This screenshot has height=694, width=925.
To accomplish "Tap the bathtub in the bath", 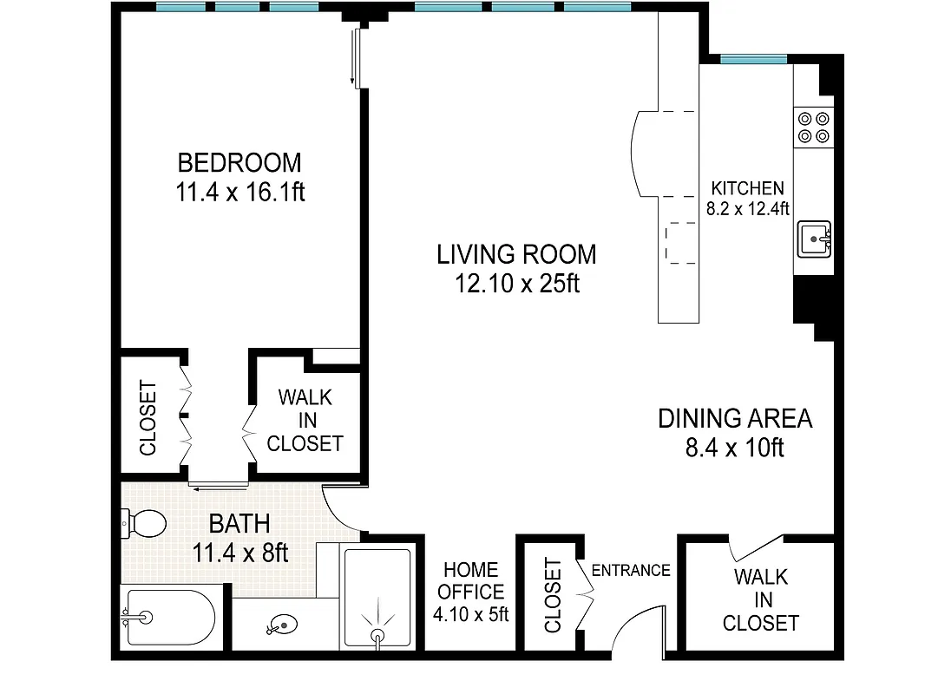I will tap(167, 618).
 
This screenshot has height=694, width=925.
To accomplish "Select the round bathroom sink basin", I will tap(282, 623).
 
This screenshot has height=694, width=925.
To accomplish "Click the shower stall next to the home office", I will tap(377, 599).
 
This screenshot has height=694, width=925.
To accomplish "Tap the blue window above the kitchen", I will tap(753, 59).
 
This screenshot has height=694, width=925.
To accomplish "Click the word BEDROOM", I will tap(239, 162).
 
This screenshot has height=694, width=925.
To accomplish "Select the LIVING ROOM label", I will tap(516, 254).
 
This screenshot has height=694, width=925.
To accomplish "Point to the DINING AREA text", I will tap(735, 418).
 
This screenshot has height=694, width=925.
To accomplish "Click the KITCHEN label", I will tap(747, 188).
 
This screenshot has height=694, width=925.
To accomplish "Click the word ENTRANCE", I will tap(631, 570).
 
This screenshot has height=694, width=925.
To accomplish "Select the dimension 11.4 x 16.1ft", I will tap(240, 192).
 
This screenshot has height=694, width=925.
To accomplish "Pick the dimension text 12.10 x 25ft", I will tap(516, 284).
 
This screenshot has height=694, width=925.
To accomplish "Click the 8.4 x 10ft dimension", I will tap(734, 448).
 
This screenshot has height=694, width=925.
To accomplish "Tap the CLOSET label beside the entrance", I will tap(552, 596).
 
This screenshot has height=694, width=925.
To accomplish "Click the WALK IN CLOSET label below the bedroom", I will tap(305, 421).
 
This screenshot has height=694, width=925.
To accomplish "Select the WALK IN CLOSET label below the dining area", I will tap(760, 599).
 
